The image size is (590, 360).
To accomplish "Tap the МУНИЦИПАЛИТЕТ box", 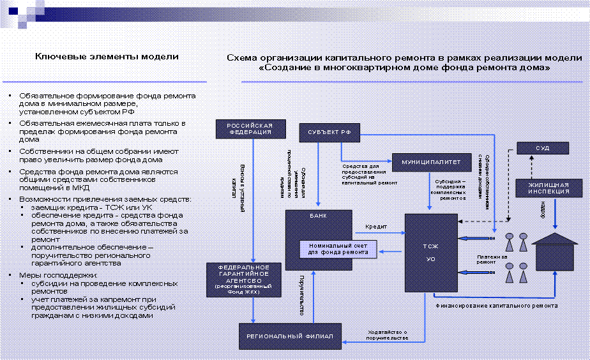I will tap(427, 162).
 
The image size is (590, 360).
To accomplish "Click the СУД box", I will tap(542, 148).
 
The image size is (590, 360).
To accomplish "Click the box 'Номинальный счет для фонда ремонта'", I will tap(338, 249).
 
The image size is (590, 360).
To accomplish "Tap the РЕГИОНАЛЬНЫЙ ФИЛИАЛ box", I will tap(286, 336).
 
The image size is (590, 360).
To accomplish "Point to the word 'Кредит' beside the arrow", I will tap(376, 227).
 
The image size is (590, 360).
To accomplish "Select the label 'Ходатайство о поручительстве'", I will tap(388, 334).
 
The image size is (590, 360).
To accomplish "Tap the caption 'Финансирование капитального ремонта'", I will tap(496, 306).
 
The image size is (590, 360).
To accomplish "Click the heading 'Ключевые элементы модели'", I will tap(107, 57).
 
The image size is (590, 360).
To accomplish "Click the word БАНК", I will tap(317, 216).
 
